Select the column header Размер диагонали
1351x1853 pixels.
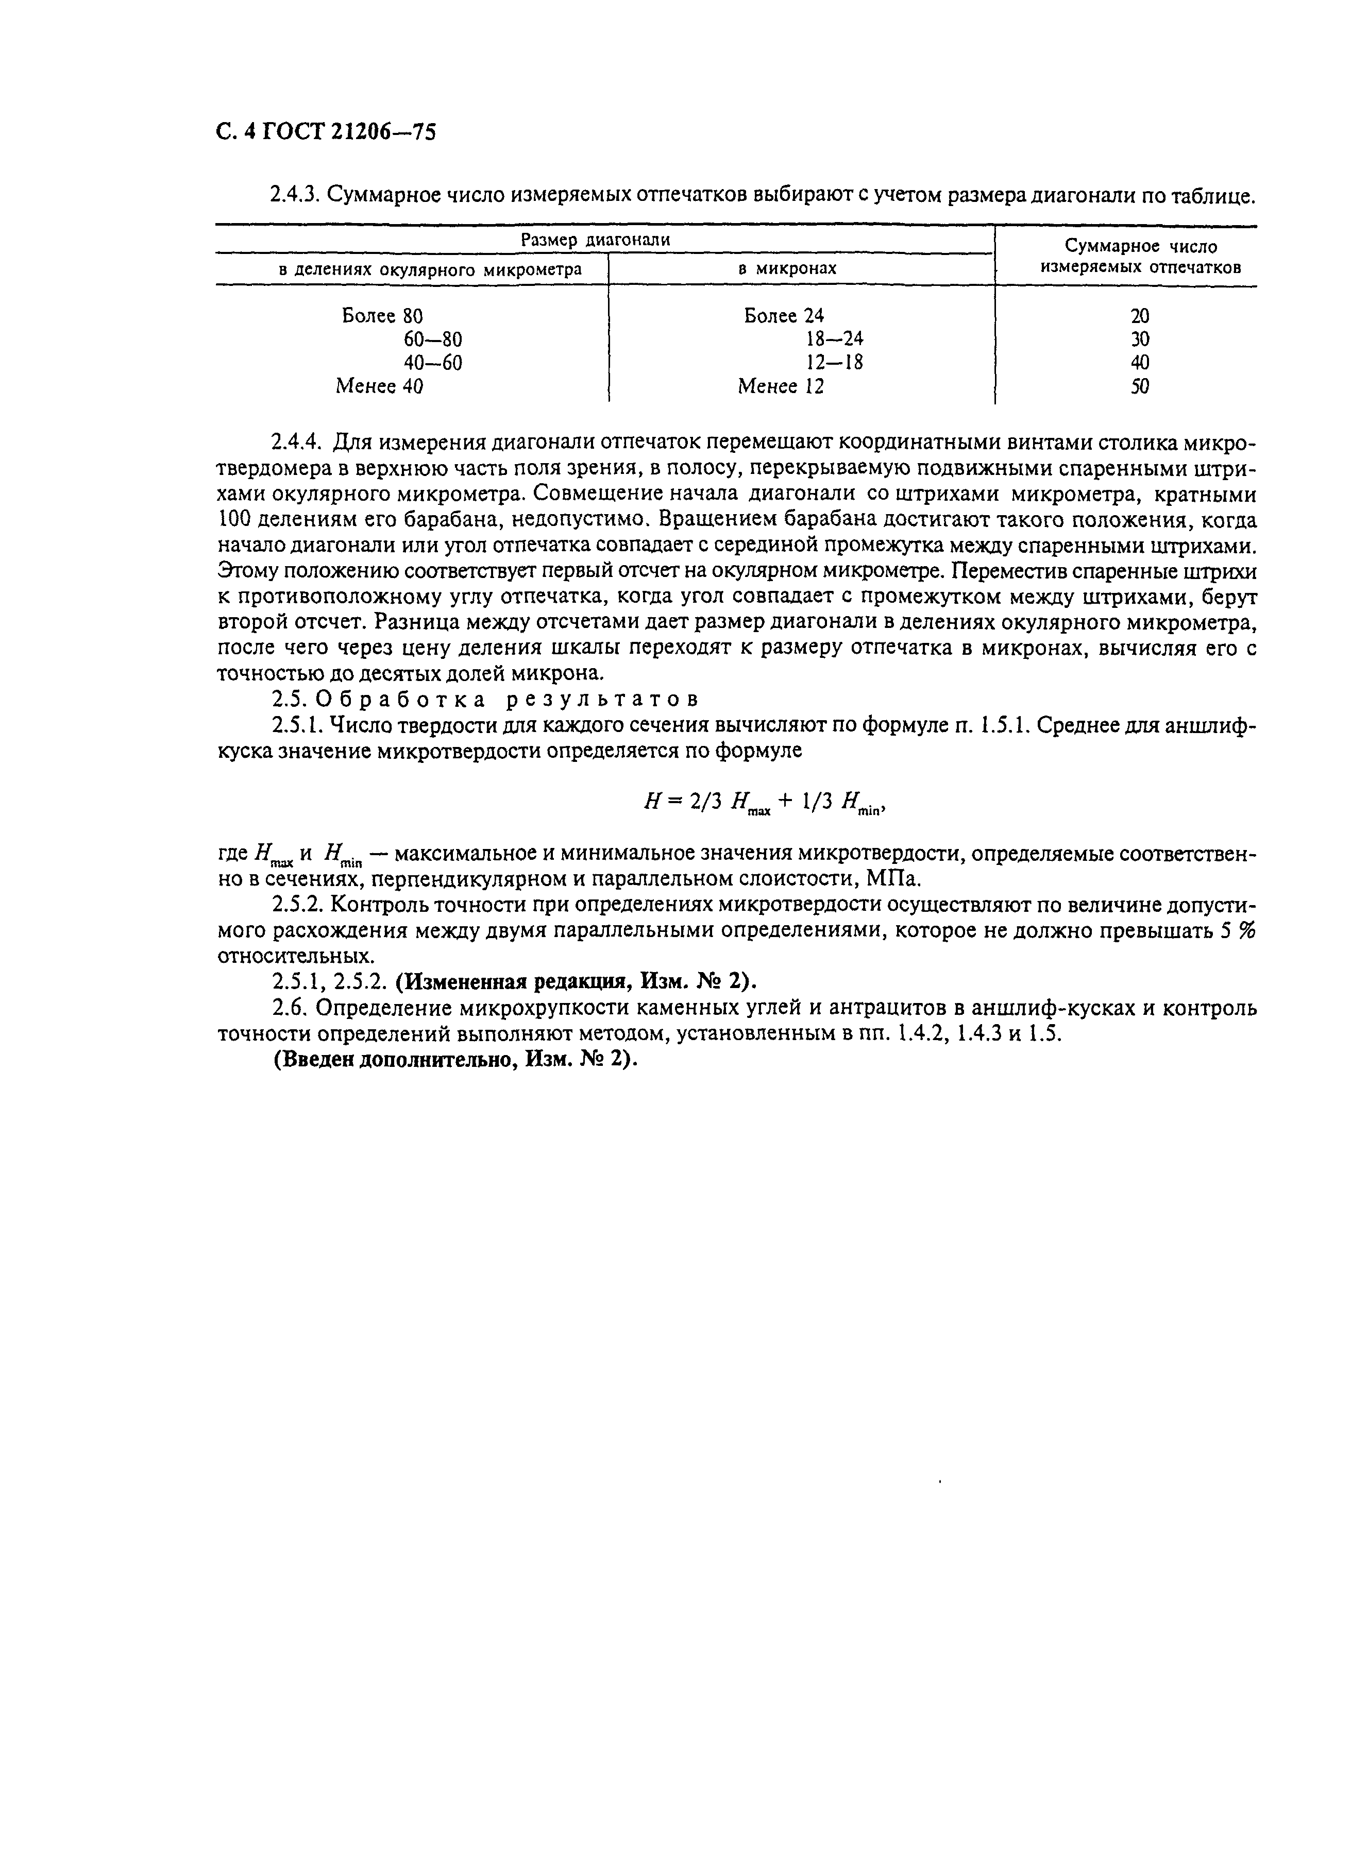pyautogui.click(x=595, y=240)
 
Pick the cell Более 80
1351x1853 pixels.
pyautogui.click(x=382, y=316)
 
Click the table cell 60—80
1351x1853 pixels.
pyautogui.click(x=433, y=338)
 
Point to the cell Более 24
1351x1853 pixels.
pyautogui.click(x=784, y=316)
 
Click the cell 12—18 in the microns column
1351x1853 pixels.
pyautogui.click(x=834, y=362)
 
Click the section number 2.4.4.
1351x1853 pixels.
pyautogui.click(x=298, y=443)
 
